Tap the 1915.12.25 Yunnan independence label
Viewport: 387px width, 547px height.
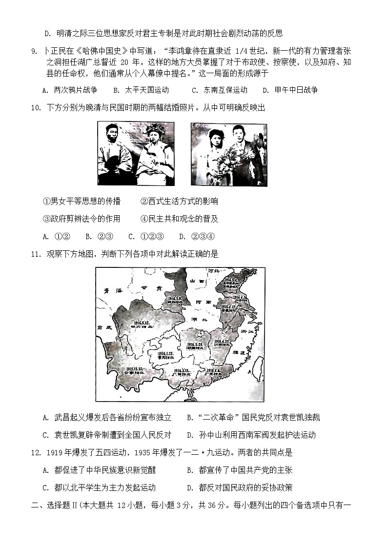click(133, 370)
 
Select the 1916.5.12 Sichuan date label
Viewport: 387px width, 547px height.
click(142, 324)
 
